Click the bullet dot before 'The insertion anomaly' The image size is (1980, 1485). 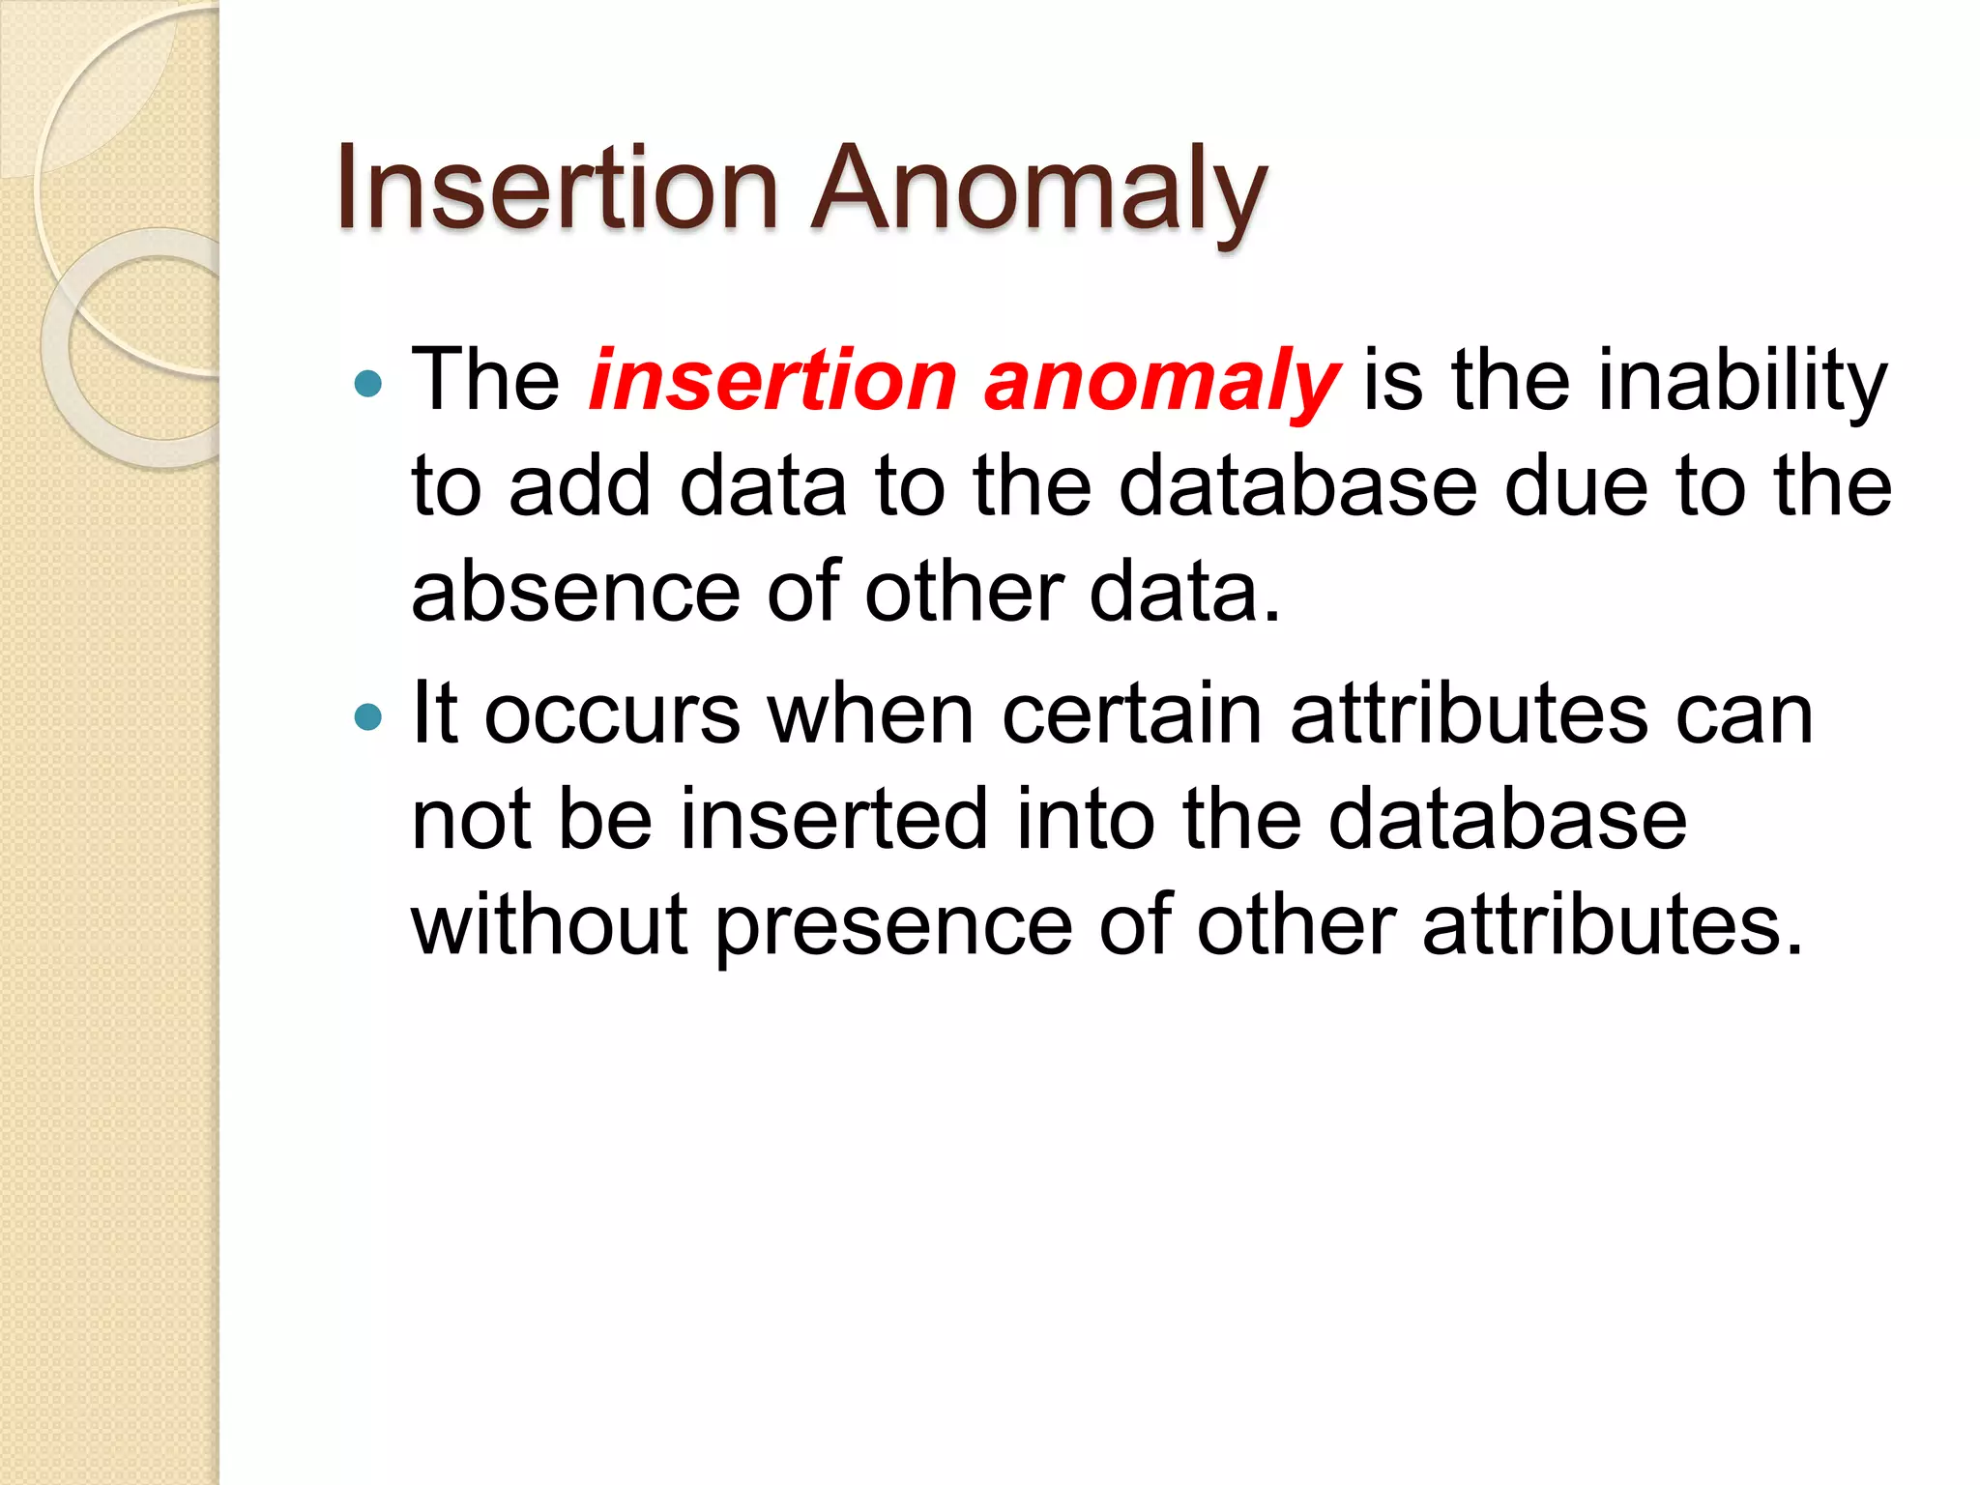tap(368, 385)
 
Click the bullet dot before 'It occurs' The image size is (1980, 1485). tap(368, 717)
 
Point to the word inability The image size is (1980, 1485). tap(1740, 381)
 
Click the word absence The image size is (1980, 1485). tap(576, 592)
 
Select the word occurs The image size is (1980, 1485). tap(612, 715)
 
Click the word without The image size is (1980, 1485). tap(550, 925)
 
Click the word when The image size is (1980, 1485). tap(870, 715)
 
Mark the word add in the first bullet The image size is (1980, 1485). tap(580, 486)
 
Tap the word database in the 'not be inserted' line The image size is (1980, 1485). tap(1507, 820)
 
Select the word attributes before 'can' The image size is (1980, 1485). tap(1470, 715)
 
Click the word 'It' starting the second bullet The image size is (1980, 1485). tap(434, 715)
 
